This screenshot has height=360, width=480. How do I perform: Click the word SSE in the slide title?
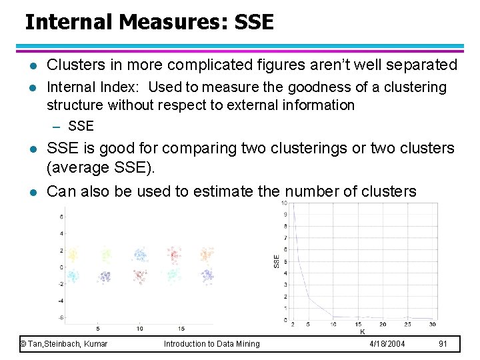coord(253,22)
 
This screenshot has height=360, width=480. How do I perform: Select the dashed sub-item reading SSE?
coord(81,126)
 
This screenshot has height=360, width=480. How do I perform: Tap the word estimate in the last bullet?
coord(224,192)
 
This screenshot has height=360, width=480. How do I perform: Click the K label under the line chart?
coord(363,331)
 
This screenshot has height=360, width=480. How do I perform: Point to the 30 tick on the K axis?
coord(432,325)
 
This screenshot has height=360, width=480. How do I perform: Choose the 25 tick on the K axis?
coord(407,325)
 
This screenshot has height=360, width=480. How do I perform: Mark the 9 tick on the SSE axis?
coord(285,215)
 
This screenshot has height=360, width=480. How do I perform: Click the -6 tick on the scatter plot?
coord(61,317)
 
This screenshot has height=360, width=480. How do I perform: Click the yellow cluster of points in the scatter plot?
coord(73,254)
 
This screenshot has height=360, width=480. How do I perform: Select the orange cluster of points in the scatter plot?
coord(207,254)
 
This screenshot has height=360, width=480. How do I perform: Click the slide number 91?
coord(443,343)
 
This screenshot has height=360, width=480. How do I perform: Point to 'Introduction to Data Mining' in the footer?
coord(212,343)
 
